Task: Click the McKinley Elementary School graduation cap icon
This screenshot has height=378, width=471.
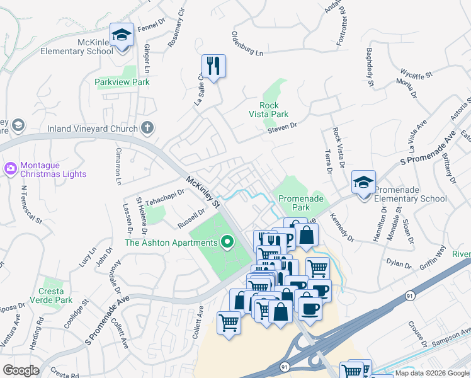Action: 122,34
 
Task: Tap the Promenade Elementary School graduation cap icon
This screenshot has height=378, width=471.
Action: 363,183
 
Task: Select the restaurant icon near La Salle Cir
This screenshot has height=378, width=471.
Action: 213,65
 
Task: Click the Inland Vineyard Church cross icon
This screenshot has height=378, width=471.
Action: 147,129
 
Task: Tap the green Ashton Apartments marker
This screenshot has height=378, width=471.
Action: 227,242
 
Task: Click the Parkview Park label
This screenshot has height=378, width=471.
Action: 122,82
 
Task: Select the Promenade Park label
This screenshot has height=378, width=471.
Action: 301,202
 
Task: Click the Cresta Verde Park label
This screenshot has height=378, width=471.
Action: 55,296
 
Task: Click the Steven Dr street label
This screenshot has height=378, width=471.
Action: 281,127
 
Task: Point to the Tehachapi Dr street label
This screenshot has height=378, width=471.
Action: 160,197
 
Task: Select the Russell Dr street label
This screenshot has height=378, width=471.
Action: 191,218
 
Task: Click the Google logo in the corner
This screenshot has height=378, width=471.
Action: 21,370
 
